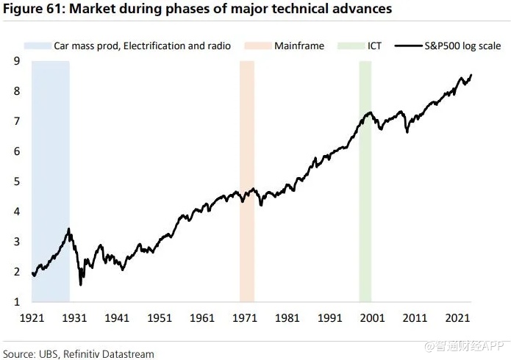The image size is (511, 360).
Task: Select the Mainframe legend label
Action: (299, 46)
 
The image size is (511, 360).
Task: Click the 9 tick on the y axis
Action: (15, 61)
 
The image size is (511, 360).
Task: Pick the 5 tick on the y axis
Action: (15, 181)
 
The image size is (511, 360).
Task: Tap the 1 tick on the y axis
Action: (15, 302)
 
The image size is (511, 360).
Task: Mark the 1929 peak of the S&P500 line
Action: (68, 229)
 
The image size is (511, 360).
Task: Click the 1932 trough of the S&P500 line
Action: (80, 284)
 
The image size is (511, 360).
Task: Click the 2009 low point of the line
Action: (407, 132)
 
